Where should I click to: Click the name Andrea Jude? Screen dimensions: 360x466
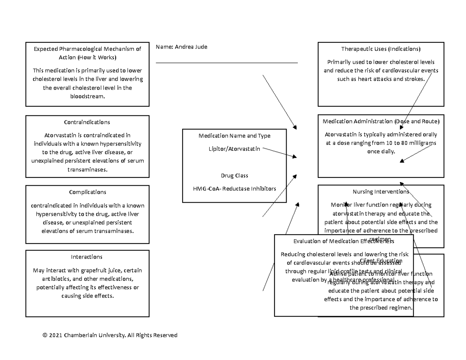tap(191, 47)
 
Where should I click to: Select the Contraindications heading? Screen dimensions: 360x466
tap(87, 122)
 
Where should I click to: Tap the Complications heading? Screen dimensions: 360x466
tap(87, 192)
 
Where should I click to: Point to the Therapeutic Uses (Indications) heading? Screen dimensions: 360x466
tap(381, 49)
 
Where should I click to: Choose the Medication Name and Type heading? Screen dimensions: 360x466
tap(235, 136)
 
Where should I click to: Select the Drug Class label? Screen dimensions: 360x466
tap(235, 176)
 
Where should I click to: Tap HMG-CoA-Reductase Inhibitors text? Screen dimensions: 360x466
tap(235, 189)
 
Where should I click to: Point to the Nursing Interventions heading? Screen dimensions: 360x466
tap(381, 191)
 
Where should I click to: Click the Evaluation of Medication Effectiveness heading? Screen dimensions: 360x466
tap(344, 241)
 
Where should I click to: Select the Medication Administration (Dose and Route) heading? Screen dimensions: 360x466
tap(381, 122)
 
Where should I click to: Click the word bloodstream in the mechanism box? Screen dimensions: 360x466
tap(87, 96)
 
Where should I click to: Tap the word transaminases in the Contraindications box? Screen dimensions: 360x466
tap(87, 170)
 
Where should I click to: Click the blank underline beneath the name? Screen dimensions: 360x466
tap(226, 63)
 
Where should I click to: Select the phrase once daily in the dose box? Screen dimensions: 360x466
tap(381, 151)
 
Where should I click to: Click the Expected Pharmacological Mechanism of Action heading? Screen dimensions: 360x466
tap(87, 53)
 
